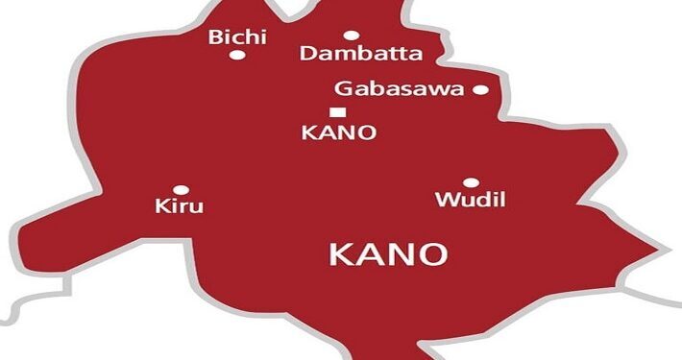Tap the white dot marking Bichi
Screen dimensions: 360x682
[x=236, y=55]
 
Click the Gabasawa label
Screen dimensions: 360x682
[x=399, y=89]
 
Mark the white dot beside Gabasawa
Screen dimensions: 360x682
[x=480, y=90]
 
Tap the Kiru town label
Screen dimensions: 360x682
[x=179, y=206]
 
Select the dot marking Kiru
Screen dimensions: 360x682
[x=181, y=190]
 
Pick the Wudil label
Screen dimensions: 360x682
[x=470, y=201]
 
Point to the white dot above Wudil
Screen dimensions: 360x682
[x=471, y=182]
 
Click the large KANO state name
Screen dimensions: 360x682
[x=388, y=254]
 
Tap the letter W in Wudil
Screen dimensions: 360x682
[x=445, y=201]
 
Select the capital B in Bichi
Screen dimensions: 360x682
[x=215, y=38]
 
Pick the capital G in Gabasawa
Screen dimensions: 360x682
[x=343, y=89]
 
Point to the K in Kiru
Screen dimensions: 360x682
[x=161, y=206]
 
